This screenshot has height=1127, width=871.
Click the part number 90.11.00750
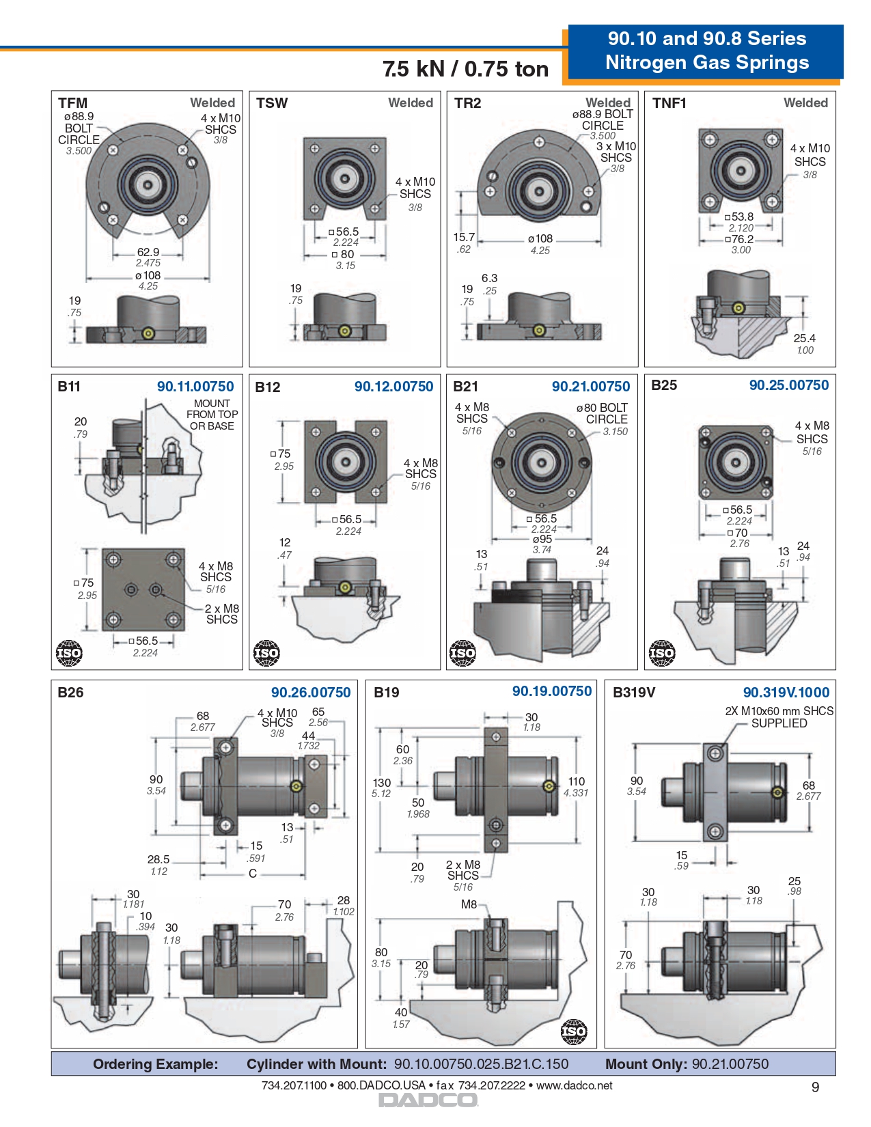click(195, 387)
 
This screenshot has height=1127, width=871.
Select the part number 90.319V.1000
click(786, 693)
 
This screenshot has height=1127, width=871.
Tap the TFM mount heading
click(72, 103)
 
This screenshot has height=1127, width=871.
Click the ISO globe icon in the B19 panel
click(573, 1031)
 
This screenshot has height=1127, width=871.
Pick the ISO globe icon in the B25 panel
click(661, 653)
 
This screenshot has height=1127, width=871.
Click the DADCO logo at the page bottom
click(428, 1100)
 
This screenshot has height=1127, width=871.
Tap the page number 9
click(815, 1087)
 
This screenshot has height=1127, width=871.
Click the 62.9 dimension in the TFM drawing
click(148, 252)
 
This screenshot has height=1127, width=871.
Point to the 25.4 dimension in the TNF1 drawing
click(804, 338)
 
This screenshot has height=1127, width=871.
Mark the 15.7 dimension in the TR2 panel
click(464, 237)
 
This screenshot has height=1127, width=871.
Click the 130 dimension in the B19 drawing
click(381, 783)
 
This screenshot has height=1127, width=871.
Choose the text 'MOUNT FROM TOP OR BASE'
click(212, 415)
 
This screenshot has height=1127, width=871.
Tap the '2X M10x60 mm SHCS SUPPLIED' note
click(779, 717)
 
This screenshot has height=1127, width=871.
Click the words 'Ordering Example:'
click(156, 1064)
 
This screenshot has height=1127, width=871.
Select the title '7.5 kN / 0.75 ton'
click(465, 69)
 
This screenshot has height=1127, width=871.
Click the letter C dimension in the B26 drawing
click(253, 874)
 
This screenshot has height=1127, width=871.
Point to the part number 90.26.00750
click(311, 693)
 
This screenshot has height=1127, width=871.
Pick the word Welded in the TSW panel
click(411, 103)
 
